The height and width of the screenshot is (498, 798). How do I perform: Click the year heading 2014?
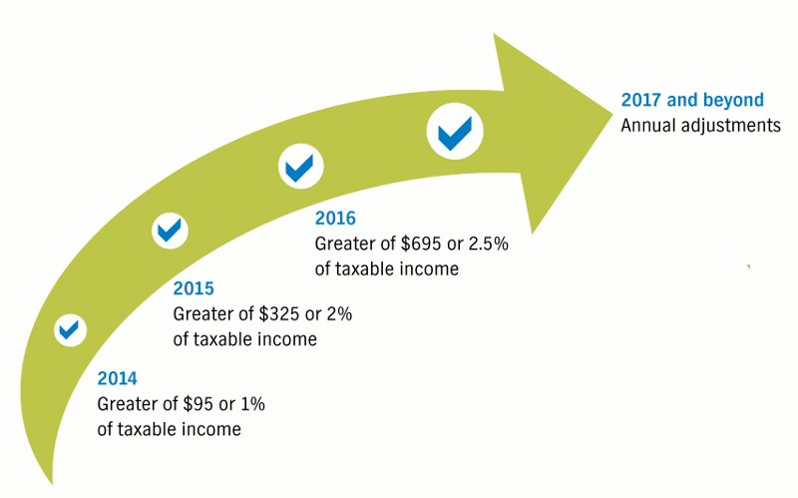click(x=117, y=378)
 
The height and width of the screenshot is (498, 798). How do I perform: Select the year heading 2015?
click(x=194, y=288)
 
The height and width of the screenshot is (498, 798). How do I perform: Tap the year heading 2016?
click(x=335, y=218)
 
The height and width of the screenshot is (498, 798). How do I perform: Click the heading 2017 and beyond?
click(x=692, y=100)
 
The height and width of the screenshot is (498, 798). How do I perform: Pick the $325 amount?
click(x=279, y=313)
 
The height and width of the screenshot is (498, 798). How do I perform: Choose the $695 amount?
click(x=421, y=244)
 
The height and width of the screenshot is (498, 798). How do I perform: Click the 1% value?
click(x=252, y=404)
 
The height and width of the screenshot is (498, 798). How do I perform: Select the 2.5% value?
click(x=488, y=244)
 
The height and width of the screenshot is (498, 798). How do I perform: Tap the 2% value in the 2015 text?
click(x=339, y=313)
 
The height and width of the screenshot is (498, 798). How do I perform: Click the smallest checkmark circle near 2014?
click(x=70, y=330)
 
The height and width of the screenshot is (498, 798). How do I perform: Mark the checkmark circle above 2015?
click(x=170, y=231)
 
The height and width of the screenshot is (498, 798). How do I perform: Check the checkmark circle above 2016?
click(x=301, y=167)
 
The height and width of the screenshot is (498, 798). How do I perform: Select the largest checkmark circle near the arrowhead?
click(x=455, y=132)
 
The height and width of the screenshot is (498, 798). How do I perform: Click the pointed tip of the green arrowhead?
click(x=612, y=114)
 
